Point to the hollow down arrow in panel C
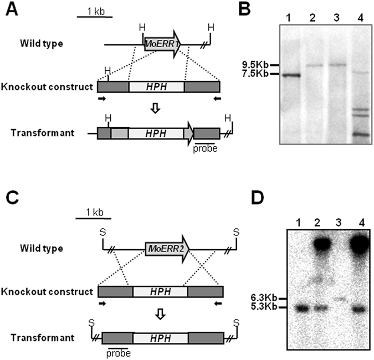click(x=160, y=313)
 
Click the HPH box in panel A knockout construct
click(x=156, y=87)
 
